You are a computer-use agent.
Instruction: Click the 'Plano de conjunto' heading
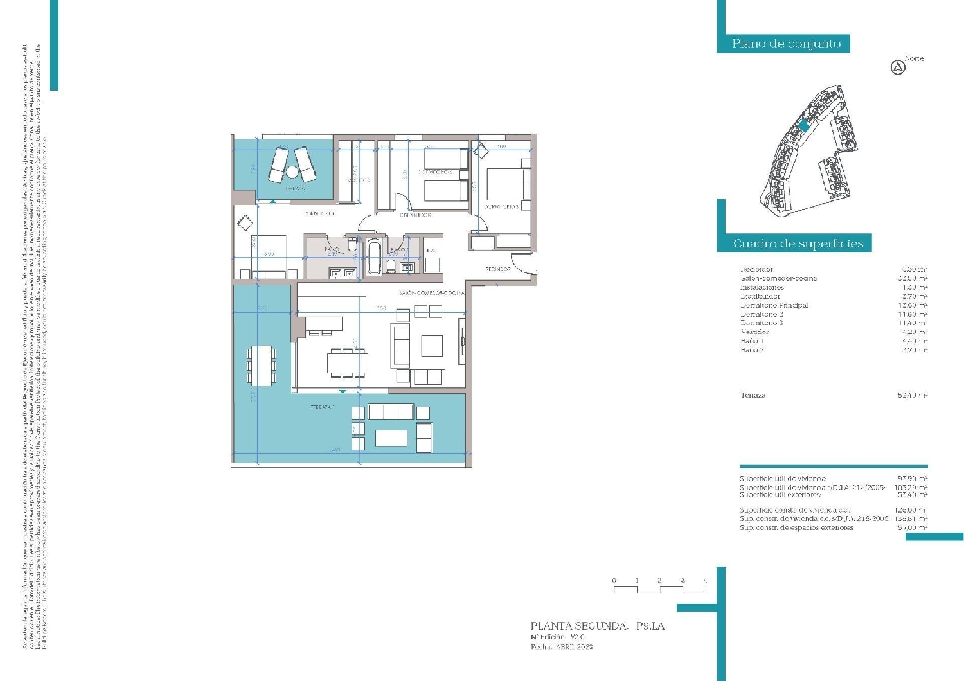pos(786,44)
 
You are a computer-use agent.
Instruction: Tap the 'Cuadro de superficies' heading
pos(798,243)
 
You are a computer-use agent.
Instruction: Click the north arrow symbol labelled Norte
pos(898,67)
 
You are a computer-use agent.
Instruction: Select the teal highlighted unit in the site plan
pos(803,126)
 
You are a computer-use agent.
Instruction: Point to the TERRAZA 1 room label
pos(323,407)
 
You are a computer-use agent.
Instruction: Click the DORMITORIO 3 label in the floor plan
pos(501,207)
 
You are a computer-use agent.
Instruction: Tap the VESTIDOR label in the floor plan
pos(358,181)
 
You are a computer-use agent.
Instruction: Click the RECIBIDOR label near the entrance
pos(498,269)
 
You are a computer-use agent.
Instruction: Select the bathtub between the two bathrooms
pos(373,258)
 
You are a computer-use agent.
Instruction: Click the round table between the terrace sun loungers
pos(292,172)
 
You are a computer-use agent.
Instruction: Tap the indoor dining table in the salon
pos(347,364)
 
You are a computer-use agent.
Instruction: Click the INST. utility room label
pos(432,250)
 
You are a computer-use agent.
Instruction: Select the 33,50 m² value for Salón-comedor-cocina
pos(913,278)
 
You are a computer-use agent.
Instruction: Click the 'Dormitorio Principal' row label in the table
pos(774,305)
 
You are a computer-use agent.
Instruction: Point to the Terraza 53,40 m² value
pos(913,395)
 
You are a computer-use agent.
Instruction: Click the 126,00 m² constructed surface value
pos(913,509)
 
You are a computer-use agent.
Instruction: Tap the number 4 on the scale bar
pos(705,580)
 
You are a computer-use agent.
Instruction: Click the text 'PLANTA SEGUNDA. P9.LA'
pos(597,625)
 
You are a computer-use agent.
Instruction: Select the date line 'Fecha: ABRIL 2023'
pos(562,647)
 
